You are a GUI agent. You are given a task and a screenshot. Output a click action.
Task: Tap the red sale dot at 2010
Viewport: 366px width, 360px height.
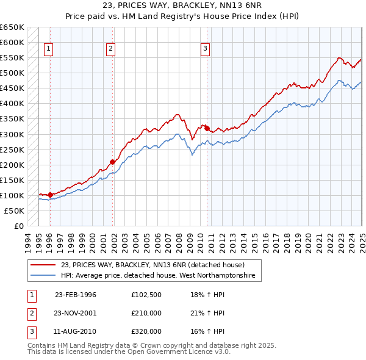point(207,128)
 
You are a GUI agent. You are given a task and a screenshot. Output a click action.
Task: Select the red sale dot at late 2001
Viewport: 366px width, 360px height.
point(113,162)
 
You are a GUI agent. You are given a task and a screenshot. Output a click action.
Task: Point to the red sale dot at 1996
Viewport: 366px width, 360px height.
point(50,195)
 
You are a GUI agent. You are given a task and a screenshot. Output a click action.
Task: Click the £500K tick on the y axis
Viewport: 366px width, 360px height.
point(12,73)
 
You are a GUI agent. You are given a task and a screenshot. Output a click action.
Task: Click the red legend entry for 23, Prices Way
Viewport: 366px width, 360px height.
point(152,265)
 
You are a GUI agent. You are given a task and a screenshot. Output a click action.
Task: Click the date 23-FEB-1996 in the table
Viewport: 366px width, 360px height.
point(76,295)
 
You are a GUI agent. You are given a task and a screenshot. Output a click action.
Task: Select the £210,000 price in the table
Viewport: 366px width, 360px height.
point(146,313)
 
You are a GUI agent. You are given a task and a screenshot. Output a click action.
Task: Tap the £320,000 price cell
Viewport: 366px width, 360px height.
point(146,331)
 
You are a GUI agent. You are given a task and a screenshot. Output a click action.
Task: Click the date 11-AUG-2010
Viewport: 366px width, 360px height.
point(76,331)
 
